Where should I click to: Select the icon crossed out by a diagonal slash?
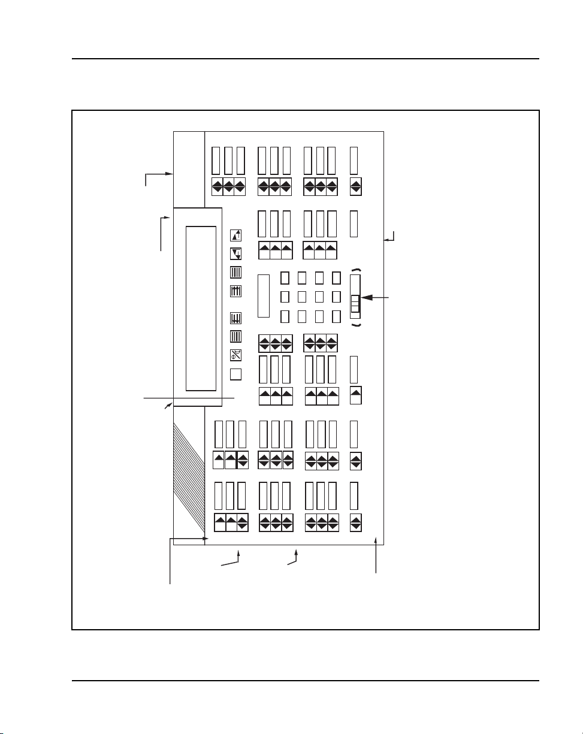pos(236,355)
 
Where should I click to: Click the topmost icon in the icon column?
pos(236,235)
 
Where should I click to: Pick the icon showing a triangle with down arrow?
pos(236,253)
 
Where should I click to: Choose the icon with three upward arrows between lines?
pos(236,291)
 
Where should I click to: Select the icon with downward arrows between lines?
pos(236,319)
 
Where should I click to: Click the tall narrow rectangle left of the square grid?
pos(264,295)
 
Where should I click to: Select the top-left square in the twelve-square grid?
pos(285,278)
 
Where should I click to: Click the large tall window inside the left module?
pos(201,308)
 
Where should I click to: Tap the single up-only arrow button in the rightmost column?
pos(355,395)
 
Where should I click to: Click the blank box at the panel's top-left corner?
pos(189,168)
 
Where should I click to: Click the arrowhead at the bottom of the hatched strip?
pos(206,539)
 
